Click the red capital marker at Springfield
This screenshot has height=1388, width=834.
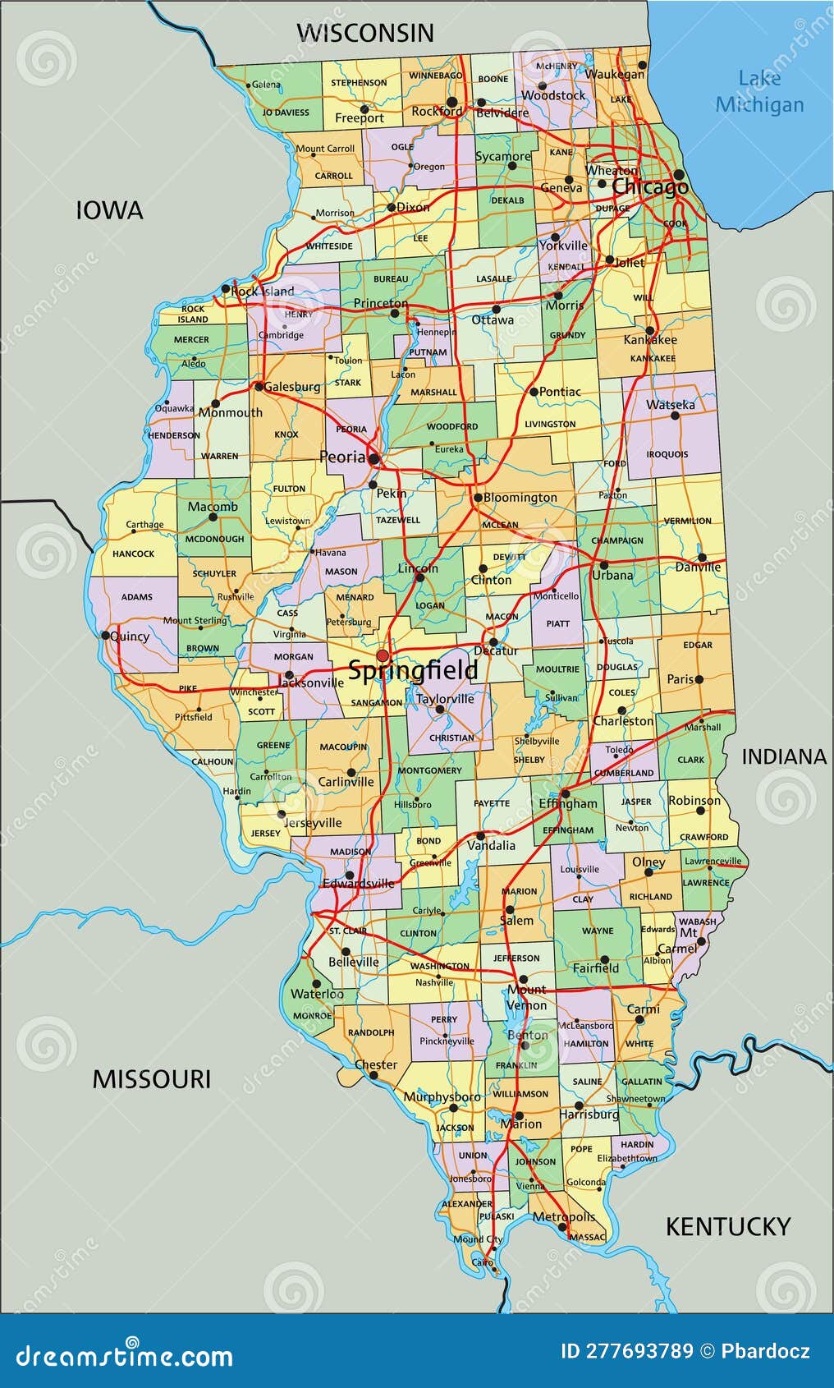[x=383, y=655]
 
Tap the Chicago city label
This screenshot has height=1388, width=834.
[x=649, y=187]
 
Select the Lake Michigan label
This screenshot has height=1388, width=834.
[x=759, y=91]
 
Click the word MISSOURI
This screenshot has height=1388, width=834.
[x=151, y=1078]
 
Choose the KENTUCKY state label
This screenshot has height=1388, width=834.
[x=727, y=1226]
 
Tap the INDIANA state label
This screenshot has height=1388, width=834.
[x=784, y=756]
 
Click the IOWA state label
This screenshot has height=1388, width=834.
[x=109, y=210]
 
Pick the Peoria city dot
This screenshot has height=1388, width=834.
[x=373, y=459]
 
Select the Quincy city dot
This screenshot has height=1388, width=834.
[x=105, y=635]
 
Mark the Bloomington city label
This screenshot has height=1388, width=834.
[x=520, y=498]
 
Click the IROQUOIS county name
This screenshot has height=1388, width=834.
[x=667, y=454]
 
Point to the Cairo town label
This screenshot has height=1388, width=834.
[x=482, y=1262]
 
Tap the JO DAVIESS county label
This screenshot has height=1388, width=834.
[x=286, y=113]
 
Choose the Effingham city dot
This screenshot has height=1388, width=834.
[x=565, y=793]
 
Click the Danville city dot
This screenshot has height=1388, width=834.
[x=702, y=558]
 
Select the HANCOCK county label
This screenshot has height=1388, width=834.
[x=133, y=554]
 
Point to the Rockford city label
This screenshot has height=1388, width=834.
[x=437, y=111]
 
